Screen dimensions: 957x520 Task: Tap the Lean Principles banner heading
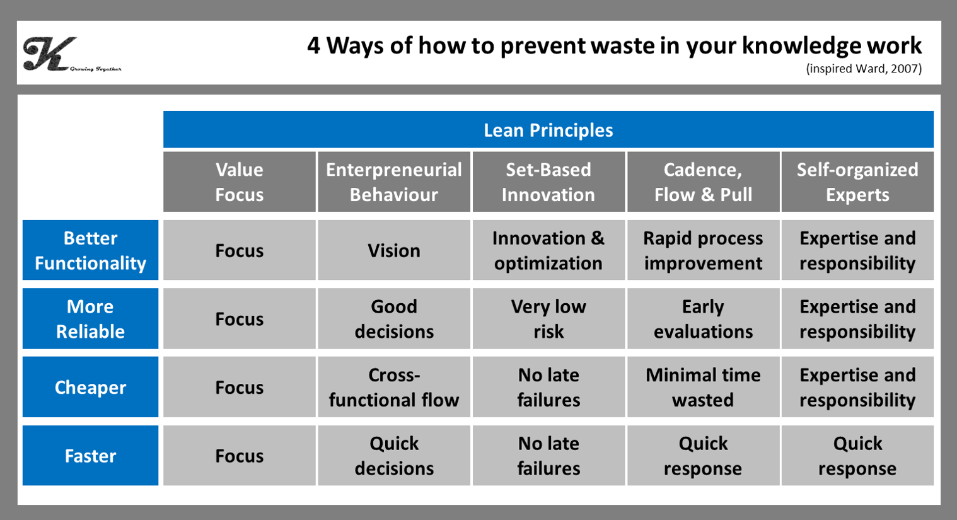pos(548,130)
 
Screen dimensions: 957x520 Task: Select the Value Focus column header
pos(240,182)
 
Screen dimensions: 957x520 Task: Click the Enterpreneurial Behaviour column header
pos(394,182)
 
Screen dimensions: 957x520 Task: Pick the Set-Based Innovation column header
pos(548,182)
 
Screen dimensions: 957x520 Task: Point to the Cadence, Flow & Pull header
pos(703,182)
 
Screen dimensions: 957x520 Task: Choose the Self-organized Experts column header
pos(857,182)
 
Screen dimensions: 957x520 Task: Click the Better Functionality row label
pos(90,250)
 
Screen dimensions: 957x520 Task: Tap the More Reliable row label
pos(90,319)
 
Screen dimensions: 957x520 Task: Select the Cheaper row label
pos(90,387)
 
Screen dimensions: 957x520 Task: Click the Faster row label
pos(90,456)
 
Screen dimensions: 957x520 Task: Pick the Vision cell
pos(394,250)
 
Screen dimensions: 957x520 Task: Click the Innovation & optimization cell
pos(548,250)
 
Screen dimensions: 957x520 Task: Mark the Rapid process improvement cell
pos(703,250)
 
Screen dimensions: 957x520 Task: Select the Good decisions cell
pos(394,319)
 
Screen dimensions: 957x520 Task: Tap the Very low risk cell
pos(548,319)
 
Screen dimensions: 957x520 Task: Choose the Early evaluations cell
pos(703,319)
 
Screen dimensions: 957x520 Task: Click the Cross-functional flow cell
pos(394,387)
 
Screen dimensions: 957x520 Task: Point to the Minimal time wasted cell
pos(703,387)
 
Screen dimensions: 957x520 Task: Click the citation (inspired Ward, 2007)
pos(864,69)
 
